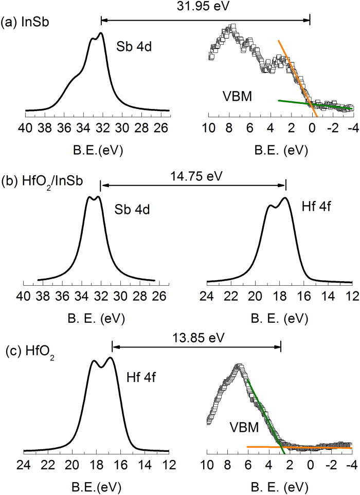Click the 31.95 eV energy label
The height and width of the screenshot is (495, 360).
[205, 8]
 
